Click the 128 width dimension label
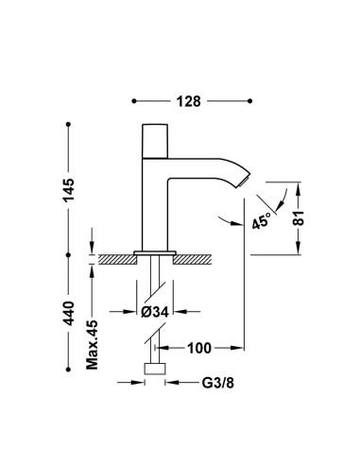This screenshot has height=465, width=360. [x=188, y=101]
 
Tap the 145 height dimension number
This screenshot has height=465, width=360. [x=68, y=190]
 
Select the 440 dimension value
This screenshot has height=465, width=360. [x=68, y=314]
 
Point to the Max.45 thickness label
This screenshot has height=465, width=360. [x=93, y=345]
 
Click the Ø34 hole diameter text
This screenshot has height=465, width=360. [x=155, y=312]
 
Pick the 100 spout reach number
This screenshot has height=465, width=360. [x=199, y=348]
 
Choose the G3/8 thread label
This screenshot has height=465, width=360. [x=218, y=383]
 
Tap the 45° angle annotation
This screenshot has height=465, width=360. [x=262, y=220]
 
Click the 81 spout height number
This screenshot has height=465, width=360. [x=299, y=217]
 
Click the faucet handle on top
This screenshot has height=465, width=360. [x=155, y=141]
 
